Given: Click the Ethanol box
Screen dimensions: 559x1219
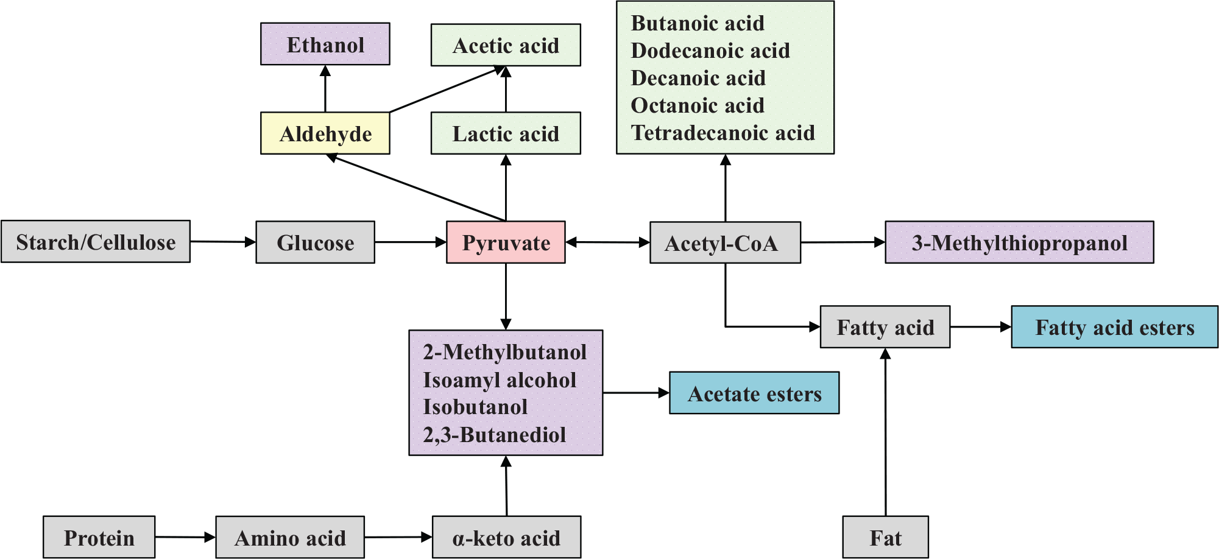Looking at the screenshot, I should point(325,44).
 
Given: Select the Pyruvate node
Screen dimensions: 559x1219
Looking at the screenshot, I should point(506,242).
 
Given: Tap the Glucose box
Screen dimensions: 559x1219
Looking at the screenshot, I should point(315,242).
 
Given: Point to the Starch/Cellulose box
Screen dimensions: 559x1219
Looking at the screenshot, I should point(96,242).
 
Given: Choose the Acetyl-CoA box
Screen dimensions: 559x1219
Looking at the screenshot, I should point(725,242).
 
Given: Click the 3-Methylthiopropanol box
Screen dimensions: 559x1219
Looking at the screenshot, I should point(1019,242).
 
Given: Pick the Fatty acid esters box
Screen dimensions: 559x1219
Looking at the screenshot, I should point(1114,327).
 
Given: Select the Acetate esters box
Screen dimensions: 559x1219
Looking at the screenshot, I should point(754,393).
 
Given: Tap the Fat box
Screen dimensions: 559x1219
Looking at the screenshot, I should point(885,538).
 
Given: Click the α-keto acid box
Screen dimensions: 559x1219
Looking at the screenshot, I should point(506,538).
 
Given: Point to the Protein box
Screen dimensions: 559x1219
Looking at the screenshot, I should point(99,538).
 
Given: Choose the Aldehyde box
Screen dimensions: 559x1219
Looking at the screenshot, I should point(325,133).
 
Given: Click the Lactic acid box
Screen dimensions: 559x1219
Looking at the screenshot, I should point(506,133).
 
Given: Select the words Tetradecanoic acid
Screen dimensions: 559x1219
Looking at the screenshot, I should point(723,133).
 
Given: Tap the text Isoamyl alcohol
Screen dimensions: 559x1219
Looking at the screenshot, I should point(500,380).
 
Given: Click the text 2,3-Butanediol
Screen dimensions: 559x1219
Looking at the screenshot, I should point(494,435).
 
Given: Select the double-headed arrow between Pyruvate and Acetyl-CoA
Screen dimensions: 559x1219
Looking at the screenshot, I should point(607,242).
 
